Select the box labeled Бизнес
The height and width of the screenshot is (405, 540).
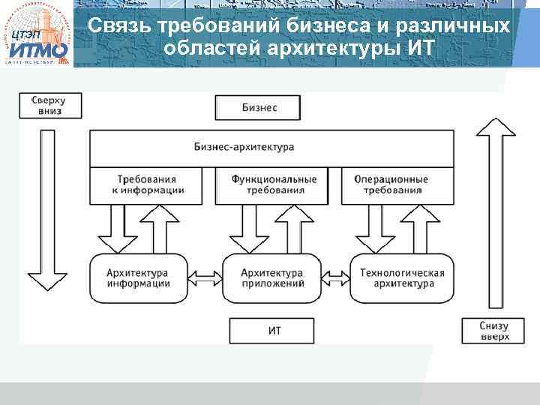pos(259,108)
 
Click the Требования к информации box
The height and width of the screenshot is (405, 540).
pos(146,185)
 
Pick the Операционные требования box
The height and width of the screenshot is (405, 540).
pos(396,185)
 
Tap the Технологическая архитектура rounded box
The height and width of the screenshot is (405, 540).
pos(402,278)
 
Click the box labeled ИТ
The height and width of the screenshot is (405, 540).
pos(274,330)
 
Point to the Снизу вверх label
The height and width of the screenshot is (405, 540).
pos(491,331)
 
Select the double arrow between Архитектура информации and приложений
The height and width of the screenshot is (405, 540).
pos(205,279)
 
